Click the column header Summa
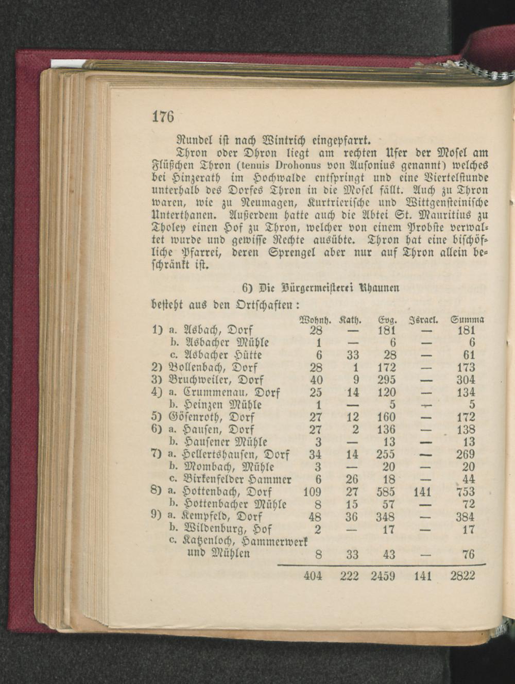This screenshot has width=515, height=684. (x=467, y=319)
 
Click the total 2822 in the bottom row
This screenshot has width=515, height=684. (x=462, y=576)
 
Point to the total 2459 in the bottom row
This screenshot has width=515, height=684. (x=383, y=576)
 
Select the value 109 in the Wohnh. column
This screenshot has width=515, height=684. (x=312, y=492)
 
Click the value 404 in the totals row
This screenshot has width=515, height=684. (x=313, y=576)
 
